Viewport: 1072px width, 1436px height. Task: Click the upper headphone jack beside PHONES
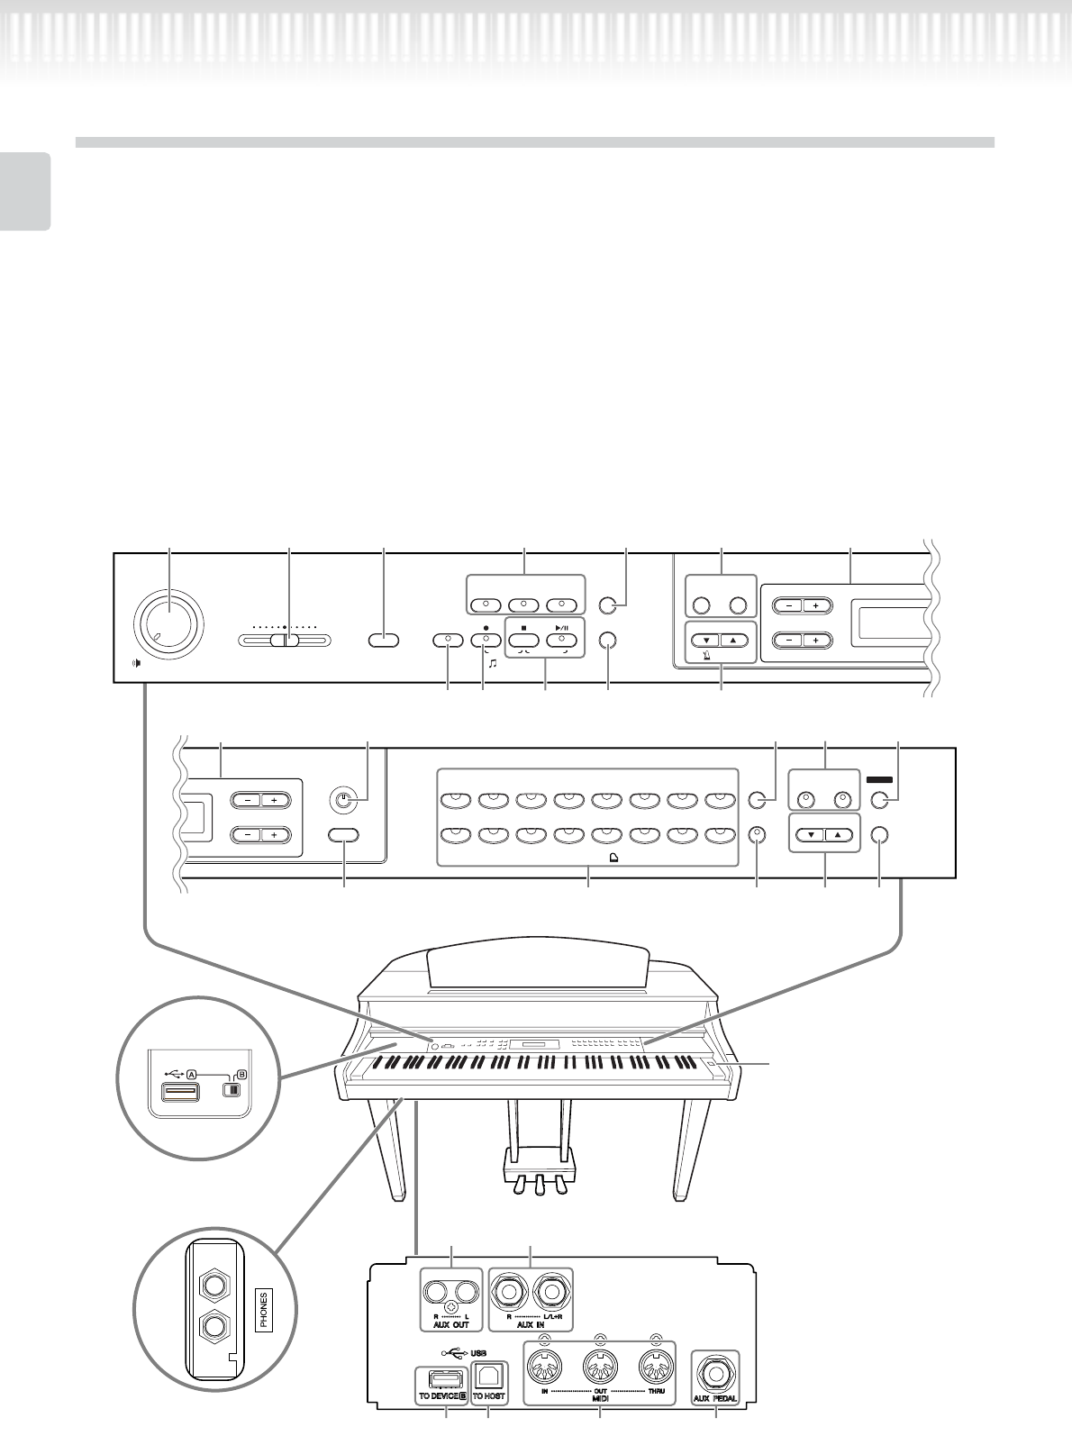pyautogui.click(x=214, y=1281)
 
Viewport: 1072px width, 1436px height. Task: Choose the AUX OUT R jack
pyautogui.click(x=437, y=1294)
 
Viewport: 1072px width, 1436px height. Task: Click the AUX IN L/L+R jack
pyautogui.click(x=550, y=1295)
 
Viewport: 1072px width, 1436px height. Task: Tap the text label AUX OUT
pyautogui.click(x=448, y=1327)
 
